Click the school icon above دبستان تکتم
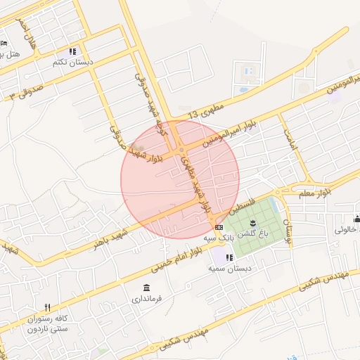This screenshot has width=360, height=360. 72,51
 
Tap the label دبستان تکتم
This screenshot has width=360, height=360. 72,62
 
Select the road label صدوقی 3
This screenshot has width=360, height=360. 21,94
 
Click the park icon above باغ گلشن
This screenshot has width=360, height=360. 253,222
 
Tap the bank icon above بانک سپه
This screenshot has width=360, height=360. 219,227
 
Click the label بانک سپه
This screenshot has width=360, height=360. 219,238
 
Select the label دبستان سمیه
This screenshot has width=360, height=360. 233,268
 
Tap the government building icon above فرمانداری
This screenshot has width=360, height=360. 146,288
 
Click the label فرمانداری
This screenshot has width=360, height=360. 146,299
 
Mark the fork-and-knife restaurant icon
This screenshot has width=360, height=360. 47,307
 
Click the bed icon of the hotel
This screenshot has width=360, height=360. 4,43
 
